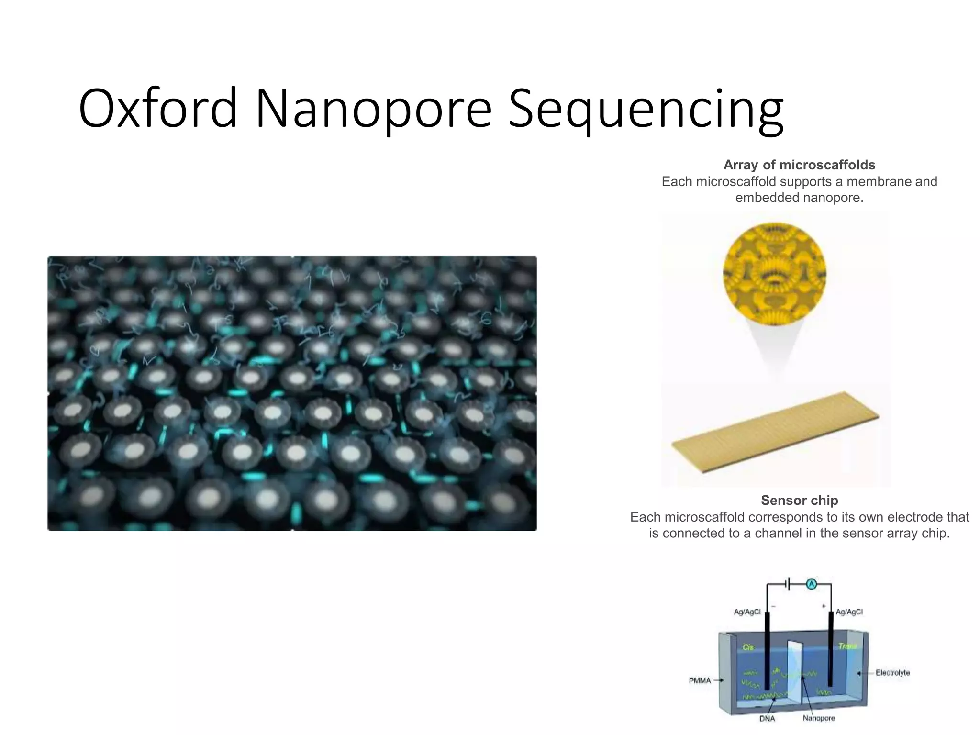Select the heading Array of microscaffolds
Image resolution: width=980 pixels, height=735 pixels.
(799, 165)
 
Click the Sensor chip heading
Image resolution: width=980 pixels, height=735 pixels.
(799, 501)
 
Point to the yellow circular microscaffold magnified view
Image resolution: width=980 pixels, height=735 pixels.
(774, 274)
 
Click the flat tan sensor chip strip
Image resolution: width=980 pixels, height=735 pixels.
(775, 432)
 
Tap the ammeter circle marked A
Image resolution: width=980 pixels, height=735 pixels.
(812, 584)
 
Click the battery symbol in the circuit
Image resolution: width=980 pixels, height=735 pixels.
(788, 584)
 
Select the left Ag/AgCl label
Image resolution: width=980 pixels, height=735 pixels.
(747, 612)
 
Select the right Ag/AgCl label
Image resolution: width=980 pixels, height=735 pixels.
(849, 612)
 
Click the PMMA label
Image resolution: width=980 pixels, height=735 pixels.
(700, 680)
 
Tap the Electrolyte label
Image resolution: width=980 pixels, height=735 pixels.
(892, 673)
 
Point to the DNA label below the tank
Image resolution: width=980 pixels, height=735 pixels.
(767, 719)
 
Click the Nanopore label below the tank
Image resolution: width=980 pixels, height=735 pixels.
(819, 718)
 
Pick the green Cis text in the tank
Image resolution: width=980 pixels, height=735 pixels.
(748, 647)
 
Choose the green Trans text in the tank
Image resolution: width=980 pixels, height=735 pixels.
(847, 646)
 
